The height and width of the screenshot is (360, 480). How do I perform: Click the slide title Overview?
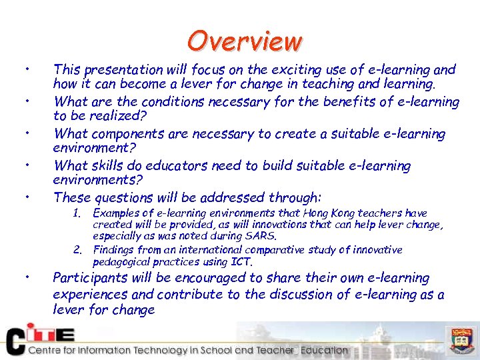(x=245, y=41)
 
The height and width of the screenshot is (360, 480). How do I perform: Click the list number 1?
(x=77, y=214)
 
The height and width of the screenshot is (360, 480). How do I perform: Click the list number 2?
(x=77, y=250)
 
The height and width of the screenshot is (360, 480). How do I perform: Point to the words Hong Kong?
(x=331, y=213)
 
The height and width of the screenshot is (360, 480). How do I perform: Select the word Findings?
(x=114, y=250)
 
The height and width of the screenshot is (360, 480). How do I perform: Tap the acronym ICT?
(x=241, y=261)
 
